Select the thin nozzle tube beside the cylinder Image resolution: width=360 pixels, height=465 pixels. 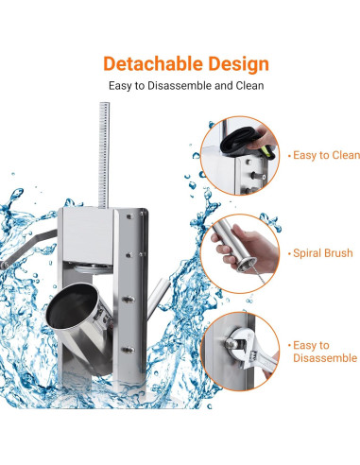click(x=151, y=296)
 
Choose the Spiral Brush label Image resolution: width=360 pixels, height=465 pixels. click(x=322, y=254)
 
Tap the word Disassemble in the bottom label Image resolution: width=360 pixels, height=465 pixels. click(x=325, y=358)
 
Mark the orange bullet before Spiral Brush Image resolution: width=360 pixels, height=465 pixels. click(x=286, y=254)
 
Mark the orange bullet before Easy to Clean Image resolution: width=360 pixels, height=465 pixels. click(x=286, y=155)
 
